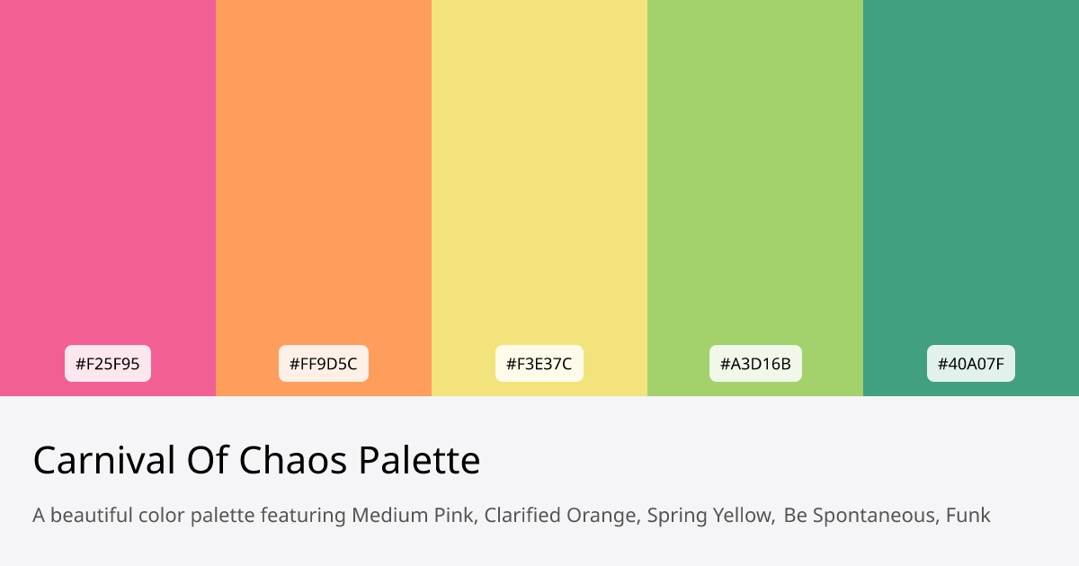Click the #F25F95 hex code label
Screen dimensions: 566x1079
[108, 364]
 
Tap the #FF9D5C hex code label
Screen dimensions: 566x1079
[324, 364]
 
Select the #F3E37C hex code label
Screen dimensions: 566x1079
[539, 364]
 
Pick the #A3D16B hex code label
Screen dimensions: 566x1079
[755, 364]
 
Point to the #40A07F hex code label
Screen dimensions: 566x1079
[971, 364]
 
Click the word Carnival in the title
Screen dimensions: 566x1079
[104, 461]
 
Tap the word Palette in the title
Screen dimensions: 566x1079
[419, 461]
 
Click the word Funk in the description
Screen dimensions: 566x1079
[968, 516]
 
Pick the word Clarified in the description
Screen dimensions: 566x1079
[521, 516]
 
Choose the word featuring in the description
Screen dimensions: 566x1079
[303, 517]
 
